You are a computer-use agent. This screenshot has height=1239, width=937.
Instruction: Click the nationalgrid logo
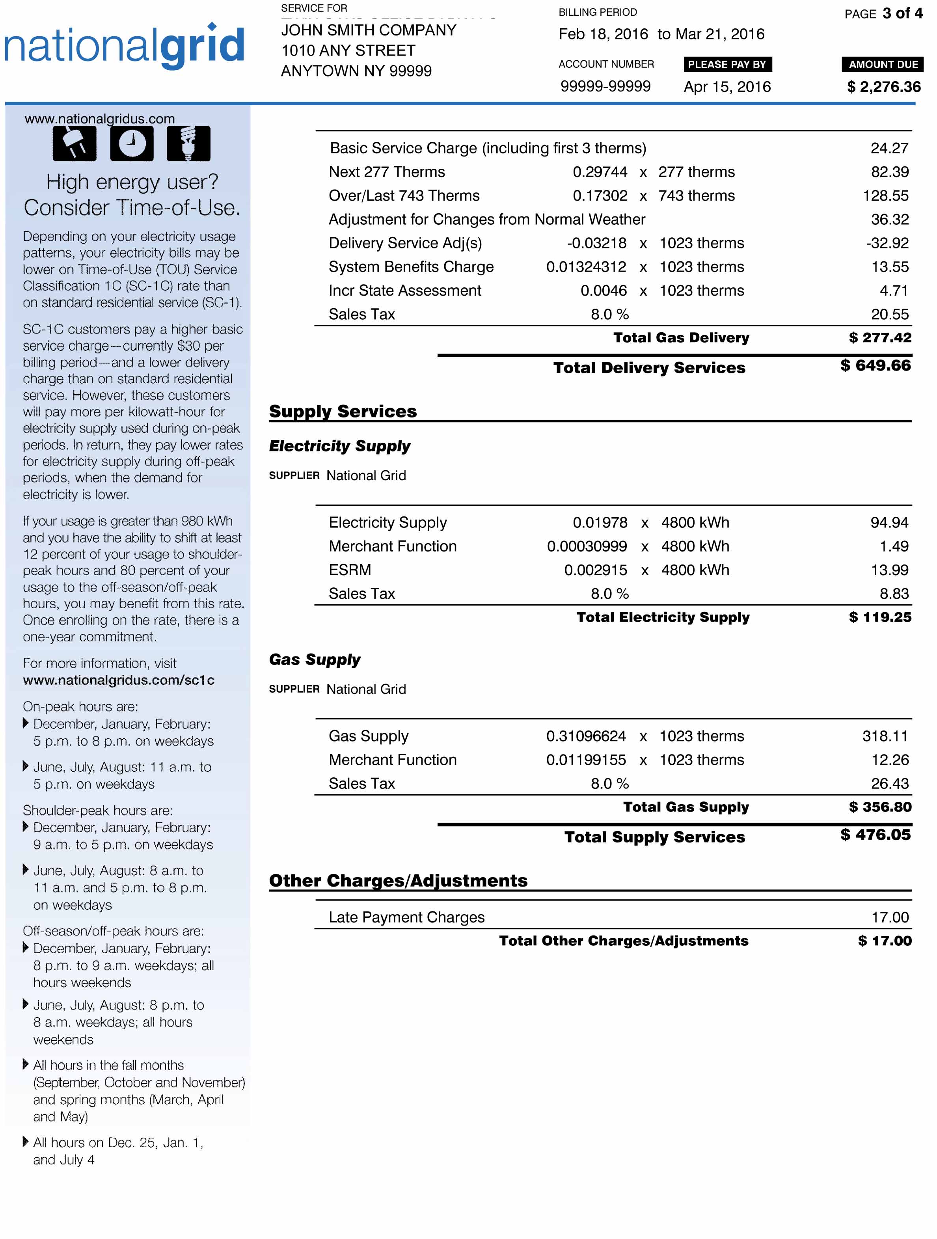(x=124, y=46)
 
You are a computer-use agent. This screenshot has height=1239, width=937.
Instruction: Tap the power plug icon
(x=75, y=143)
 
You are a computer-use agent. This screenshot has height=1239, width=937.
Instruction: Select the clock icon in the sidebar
(x=132, y=143)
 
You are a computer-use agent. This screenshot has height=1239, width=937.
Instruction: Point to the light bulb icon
(x=189, y=143)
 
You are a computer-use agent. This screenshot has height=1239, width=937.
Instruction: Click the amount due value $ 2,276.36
(x=883, y=87)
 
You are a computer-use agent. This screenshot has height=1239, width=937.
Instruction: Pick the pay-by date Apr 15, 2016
(x=727, y=87)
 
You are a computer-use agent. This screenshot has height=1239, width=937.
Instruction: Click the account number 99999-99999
(x=605, y=86)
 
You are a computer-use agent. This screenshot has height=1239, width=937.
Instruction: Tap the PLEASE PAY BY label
(x=727, y=64)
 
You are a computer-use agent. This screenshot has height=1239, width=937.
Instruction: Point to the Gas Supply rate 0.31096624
(x=586, y=736)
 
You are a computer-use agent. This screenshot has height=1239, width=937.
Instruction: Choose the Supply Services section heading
(x=343, y=411)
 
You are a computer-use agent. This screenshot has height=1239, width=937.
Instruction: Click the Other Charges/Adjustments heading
(x=398, y=881)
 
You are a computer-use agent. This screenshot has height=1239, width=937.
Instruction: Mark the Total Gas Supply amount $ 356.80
(x=879, y=807)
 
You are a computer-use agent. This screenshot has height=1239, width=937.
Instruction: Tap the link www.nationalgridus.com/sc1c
(x=119, y=680)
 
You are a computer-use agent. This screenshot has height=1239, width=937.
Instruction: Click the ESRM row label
(x=350, y=570)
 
